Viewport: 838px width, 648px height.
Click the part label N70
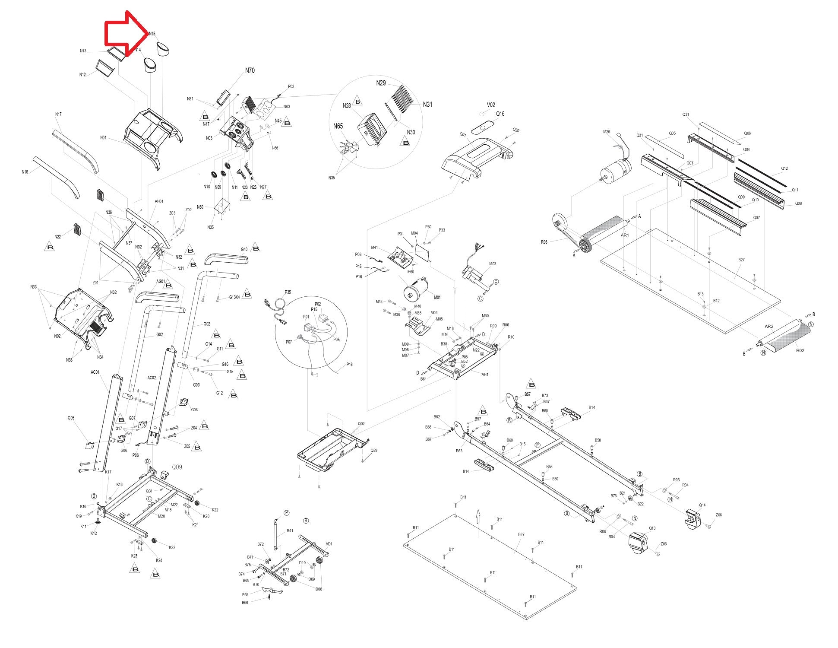coord(250,70)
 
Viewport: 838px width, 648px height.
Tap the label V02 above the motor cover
coord(491,105)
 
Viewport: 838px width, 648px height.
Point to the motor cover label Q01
coord(462,135)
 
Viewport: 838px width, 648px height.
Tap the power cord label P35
coord(288,292)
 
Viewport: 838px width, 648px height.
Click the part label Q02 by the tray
coord(361,423)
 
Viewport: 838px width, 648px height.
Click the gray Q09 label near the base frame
coord(177,467)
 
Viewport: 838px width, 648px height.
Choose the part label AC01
coord(95,372)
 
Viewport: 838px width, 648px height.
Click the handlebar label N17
coord(58,114)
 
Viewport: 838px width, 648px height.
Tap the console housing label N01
coord(103,138)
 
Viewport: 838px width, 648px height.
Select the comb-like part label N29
coord(381,83)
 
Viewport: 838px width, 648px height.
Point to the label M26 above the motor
coord(607,132)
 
